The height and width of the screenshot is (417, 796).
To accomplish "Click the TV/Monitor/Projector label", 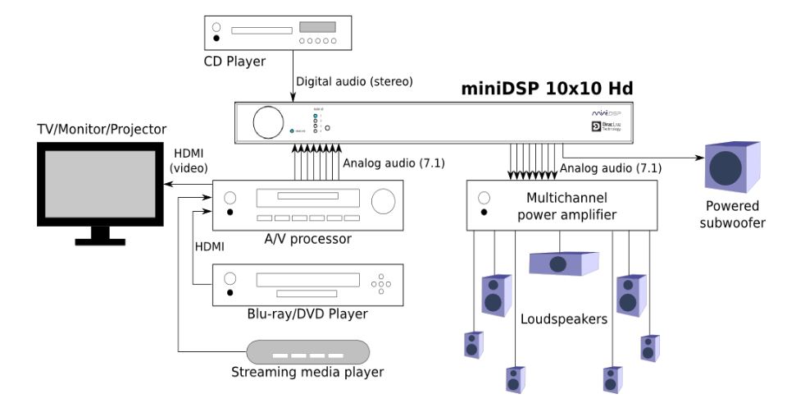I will click(x=102, y=129).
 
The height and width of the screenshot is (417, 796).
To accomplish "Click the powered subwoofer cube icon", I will click(x=731, y=167).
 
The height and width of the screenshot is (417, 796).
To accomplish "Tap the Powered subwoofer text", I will click(x=734, y=214).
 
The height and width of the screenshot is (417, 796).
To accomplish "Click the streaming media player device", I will click(x=310, y=353).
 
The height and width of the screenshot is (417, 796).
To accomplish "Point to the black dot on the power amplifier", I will click(x=484, y=213).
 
